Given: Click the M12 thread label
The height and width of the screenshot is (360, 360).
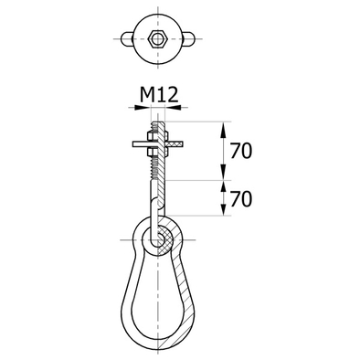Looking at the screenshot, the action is tap(159, 95).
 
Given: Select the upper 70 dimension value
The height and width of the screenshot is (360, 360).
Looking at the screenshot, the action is tap(241, 152).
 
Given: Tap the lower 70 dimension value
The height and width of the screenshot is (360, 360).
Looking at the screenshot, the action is tap(241, 199).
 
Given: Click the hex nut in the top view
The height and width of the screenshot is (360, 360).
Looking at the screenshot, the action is tap(157, 38).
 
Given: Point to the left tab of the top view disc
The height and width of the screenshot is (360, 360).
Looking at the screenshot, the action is tap(127, 38).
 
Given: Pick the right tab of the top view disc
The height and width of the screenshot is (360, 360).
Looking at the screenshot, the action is tap(187, 38).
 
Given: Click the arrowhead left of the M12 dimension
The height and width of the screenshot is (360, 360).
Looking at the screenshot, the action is tap(143, 107).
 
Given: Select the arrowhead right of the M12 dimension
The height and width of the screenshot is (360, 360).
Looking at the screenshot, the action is tap(173, 107).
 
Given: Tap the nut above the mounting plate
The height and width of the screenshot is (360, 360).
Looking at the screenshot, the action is tap(157, 136).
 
